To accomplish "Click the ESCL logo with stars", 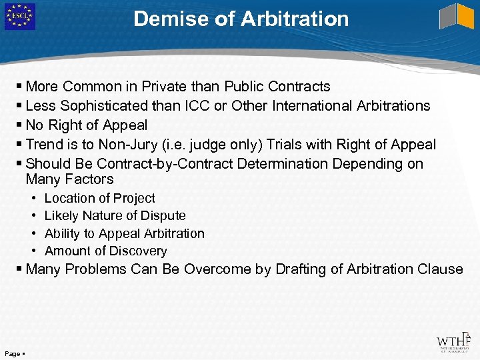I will click(19, 17).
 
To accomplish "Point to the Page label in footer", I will click(13, 353).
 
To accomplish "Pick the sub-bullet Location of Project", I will click(99, 198).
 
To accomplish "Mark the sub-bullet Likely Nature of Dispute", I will click(115, 215).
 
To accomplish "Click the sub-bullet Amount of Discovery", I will click(105, 251).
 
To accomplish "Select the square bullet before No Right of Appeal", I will click(20, 125).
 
